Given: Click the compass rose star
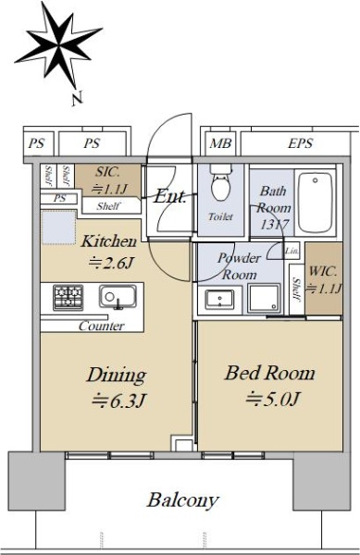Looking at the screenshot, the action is [58, 45].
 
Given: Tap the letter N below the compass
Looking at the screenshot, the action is [77, 98].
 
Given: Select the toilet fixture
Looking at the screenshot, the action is [220, 182].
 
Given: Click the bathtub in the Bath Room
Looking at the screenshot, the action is [315, 202].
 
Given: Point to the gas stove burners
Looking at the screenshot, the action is [68, 298].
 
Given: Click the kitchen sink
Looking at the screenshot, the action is [118, 297].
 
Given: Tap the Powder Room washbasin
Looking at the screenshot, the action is [219, 300].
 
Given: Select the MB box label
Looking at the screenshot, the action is [220, 143].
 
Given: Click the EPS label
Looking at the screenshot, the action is [300, 143].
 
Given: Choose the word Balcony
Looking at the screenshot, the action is [183, 500].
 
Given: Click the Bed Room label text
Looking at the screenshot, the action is [269, 373].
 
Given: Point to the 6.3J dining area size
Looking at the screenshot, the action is [118, 401].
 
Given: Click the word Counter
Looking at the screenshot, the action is [102, 326].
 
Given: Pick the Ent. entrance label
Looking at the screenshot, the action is [170, 196].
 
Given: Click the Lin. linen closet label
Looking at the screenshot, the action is [292, 251].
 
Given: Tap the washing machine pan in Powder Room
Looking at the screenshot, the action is [264, 299].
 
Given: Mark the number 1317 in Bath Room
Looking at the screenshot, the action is [274, 224].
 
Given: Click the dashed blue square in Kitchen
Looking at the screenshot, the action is [58, 228].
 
